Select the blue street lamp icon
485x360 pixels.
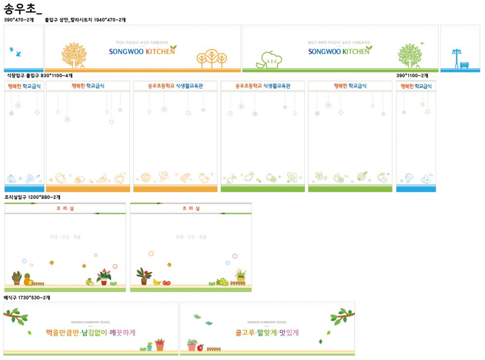point(455,57)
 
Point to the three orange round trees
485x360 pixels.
point(212,58)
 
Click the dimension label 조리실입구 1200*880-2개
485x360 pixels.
point(32,197)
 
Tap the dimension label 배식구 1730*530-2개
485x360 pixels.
point(27,297)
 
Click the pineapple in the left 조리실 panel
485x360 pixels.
point(27,279)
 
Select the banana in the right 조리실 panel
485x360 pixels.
point(157,281)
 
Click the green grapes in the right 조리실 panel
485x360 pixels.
point(222,281)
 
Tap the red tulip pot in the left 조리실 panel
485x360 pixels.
point(104,277)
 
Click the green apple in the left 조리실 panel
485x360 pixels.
point(89,281)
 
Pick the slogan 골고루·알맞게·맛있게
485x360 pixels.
point(267,333)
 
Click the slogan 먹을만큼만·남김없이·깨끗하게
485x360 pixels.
point(91,333)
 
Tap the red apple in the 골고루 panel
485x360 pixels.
point(200,347)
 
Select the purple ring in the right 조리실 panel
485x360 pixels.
point(235,256)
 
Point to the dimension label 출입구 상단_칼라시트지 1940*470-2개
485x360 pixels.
point(85,20)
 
